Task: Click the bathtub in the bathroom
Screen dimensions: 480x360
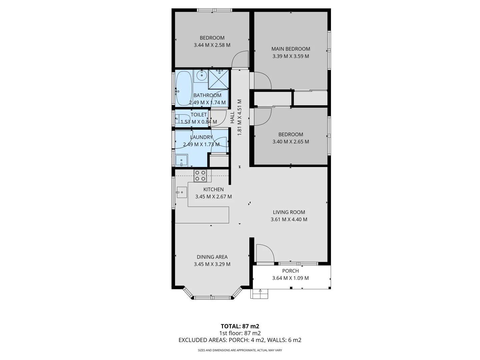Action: [184, 88]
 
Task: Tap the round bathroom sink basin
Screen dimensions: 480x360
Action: [201, 76]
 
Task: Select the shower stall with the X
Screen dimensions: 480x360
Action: [218, 79]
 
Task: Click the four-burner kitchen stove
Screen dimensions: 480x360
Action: [200, 176]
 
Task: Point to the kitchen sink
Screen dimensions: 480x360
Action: [182, 192]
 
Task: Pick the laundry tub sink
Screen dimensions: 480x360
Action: [181, 160]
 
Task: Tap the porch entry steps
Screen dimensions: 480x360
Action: [259, 294]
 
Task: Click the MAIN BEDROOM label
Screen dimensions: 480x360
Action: [291, 49]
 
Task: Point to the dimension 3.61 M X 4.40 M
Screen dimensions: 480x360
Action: [289, 219]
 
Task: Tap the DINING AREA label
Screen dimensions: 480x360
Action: [212, 257]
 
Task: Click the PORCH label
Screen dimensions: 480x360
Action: [290, 271]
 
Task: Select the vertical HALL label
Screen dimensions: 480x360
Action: [232, 117]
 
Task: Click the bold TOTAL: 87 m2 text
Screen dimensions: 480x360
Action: [240, 326]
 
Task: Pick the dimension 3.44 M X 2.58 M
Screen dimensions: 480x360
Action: [212, 45]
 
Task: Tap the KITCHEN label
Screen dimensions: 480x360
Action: [213, 189]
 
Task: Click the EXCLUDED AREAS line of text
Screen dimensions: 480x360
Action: [240, 340]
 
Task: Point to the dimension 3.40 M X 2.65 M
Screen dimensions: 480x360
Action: [291, 142]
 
